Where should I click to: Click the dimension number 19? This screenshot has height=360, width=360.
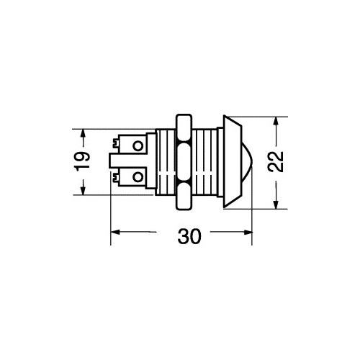click(82, 161)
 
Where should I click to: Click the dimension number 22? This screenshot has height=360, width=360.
click(276, 162)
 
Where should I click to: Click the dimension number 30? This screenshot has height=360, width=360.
click(189, 237)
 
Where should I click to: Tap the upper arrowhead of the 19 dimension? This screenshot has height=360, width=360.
click(83, 135)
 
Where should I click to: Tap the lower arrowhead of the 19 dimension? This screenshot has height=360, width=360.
click(83, 188)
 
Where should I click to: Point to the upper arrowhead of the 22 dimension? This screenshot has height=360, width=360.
click(276, 123)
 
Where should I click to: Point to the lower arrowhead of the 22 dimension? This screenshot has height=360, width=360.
click(276, 202)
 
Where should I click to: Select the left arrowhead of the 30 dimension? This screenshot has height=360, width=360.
click(117, 232)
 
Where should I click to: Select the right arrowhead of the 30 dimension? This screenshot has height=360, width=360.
click(246, 232)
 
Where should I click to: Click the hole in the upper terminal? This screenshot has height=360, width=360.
click(138, 145)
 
